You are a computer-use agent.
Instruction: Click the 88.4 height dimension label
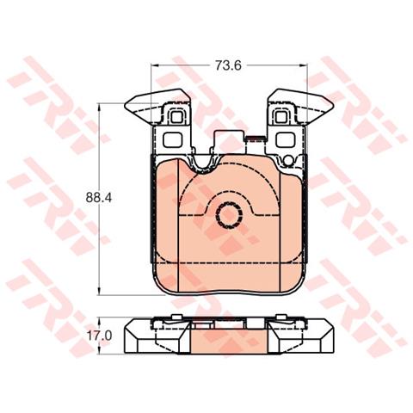click(x=99, y=198)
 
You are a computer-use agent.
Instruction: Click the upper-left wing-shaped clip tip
click(x=126, y=106)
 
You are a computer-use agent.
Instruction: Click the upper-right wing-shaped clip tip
click(x=332, y=106)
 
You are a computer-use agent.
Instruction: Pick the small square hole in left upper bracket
click(x=176, y=117)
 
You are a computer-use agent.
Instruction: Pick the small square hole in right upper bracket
click(x=281, y=117)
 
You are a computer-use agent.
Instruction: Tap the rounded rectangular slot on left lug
click(x=172, y=139)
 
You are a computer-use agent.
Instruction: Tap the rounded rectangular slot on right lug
click(x=285, y=139)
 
